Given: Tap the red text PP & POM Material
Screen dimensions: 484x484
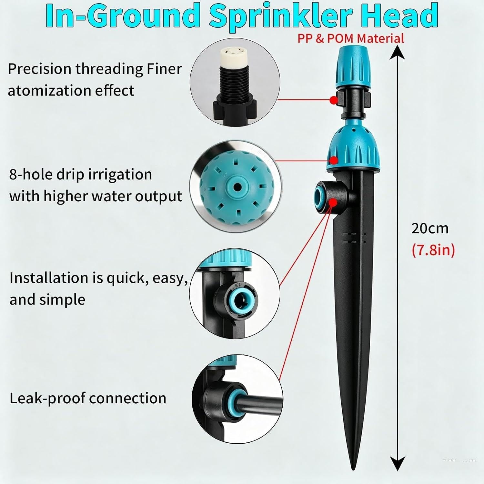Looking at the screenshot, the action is click(x=350, y=38).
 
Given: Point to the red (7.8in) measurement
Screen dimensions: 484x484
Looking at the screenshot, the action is click(x=433, y=250).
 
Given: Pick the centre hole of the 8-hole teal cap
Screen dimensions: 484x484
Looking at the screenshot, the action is click(x=237, y=187).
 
